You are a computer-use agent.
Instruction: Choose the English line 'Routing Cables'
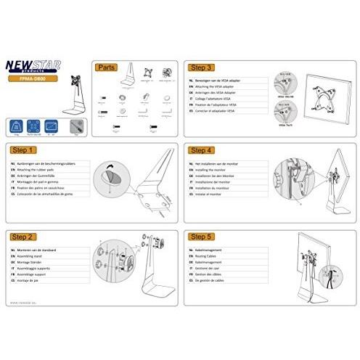point(210,255)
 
